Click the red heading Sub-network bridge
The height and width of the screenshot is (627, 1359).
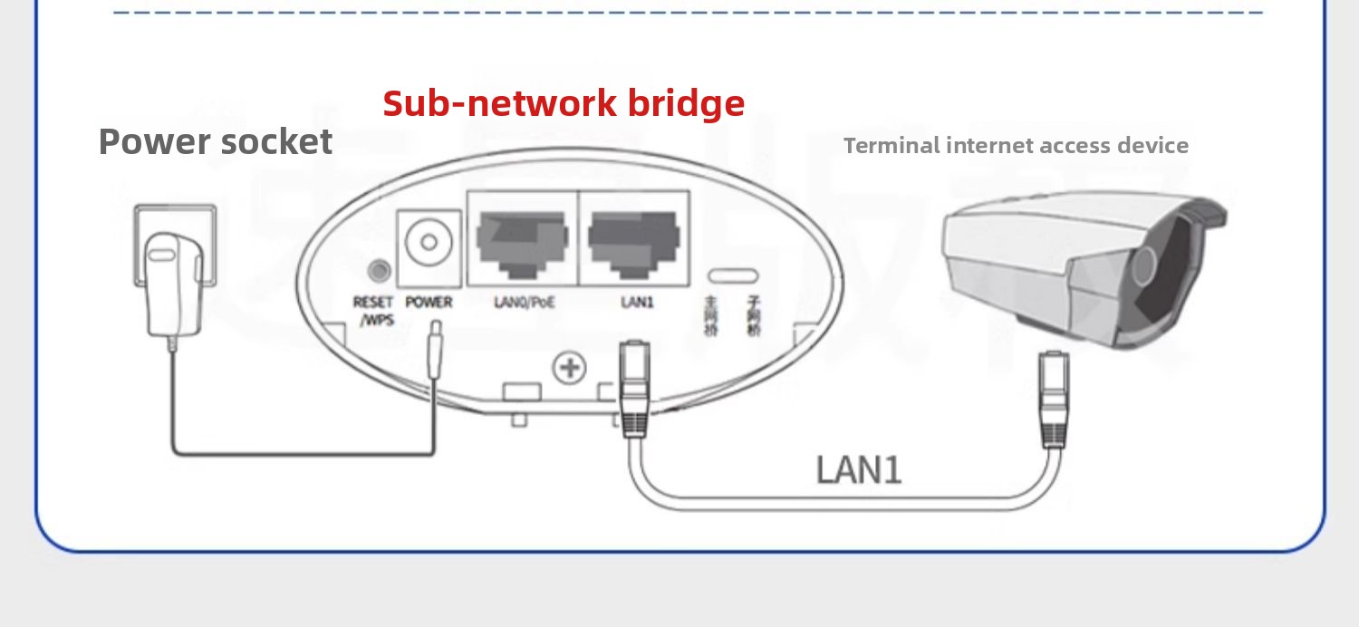(564, 103)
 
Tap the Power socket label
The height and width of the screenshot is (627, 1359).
(216, 142)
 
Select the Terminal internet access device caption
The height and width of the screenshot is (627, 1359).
(1016, 145)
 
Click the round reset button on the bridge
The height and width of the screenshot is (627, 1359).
(378, 270)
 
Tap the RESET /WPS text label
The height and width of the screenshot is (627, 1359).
(373, 310)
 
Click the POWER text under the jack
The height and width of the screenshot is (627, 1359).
(429, 302)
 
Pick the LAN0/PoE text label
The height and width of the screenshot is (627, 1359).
(524, 302)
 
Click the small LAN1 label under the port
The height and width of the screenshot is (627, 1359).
(636, 302)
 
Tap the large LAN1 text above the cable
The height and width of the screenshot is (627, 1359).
(859, 470)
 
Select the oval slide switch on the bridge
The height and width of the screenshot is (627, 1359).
(733, 275)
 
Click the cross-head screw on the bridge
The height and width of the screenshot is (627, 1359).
(570, 367)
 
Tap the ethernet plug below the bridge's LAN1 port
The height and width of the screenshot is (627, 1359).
(634, 385)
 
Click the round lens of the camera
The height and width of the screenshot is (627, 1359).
(1145, 269)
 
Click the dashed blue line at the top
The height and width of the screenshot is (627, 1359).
(689, 13)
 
